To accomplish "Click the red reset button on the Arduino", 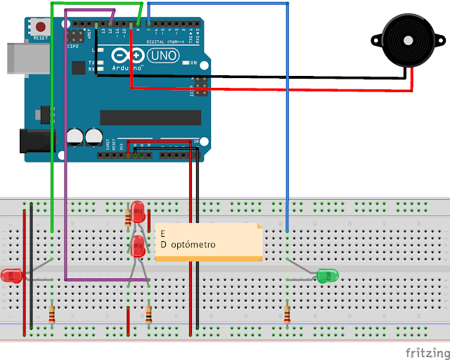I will tap(39, 27).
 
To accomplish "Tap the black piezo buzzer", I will tap(405, 40).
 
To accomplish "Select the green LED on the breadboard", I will tap(328, 276).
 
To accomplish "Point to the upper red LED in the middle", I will tap(139, 210).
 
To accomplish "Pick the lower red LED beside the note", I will tap(139, 245).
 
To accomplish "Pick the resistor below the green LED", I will tap(287, 314).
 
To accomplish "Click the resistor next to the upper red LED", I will tap(128, 216).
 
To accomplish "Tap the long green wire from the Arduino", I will tap(53, 127).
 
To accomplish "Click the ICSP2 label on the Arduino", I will tap(73, 46).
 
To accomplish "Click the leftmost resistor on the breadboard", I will tap(53, 314).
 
